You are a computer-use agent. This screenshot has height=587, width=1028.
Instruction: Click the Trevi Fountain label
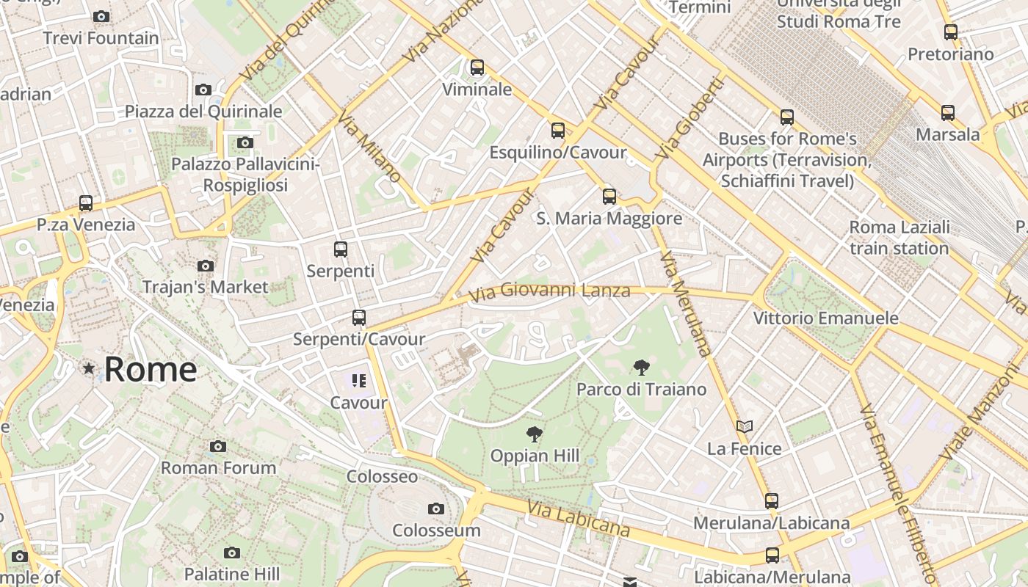pyautogui.click(x=101, y=38)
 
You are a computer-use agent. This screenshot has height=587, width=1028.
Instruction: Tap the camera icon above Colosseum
pyautogui.click(x=436, y=508)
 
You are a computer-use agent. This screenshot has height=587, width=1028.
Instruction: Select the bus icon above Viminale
pyautogui.click(x=477, y=68)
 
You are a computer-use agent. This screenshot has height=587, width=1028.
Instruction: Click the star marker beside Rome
pyautogui.click(x=89, y=368)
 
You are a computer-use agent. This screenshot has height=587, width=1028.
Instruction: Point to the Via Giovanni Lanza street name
pyautogui.click(x=549, y=292)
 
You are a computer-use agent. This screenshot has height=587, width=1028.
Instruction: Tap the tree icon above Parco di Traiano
pyautogui.click(x=641, y=368)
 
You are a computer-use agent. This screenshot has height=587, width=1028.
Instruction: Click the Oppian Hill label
pyautogui.click(x=535, y=456)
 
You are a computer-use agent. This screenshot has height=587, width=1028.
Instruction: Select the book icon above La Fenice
pyautogui.click(x=745, y=426)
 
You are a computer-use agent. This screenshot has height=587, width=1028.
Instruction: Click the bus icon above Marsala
pyautogui.click(x=948, y=113)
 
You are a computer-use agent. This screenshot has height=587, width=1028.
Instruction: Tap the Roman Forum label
pyautogui.click(x=218, y=467)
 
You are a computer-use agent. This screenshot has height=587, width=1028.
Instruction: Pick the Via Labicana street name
pyautogui.click(x=579, y=518)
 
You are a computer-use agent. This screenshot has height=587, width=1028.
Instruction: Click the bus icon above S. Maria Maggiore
pyautogui.click(x=609, y=196)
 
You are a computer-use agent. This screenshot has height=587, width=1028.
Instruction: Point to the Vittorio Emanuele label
pyautogui.click(x=826, y=318)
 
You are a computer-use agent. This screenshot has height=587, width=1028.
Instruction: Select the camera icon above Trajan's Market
pyautogui.click(x=206, y=266)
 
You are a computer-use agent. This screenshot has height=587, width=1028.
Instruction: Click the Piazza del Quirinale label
pyautogui.click(x=203, y=112)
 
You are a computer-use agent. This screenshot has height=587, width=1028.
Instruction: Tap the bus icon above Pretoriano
pyautogui.click(x=951, y=32)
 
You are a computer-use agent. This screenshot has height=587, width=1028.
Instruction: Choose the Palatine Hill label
pyautogui.click(x=231, y=573)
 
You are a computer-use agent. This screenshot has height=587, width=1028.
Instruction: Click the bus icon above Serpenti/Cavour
pyautogui.click(x=359, y=318)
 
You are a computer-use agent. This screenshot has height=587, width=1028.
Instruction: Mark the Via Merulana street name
pyautogui.click(x=686, y=305)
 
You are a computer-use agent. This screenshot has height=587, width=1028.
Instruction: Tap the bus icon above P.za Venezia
pyautogui.click(x=86, y=203)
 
